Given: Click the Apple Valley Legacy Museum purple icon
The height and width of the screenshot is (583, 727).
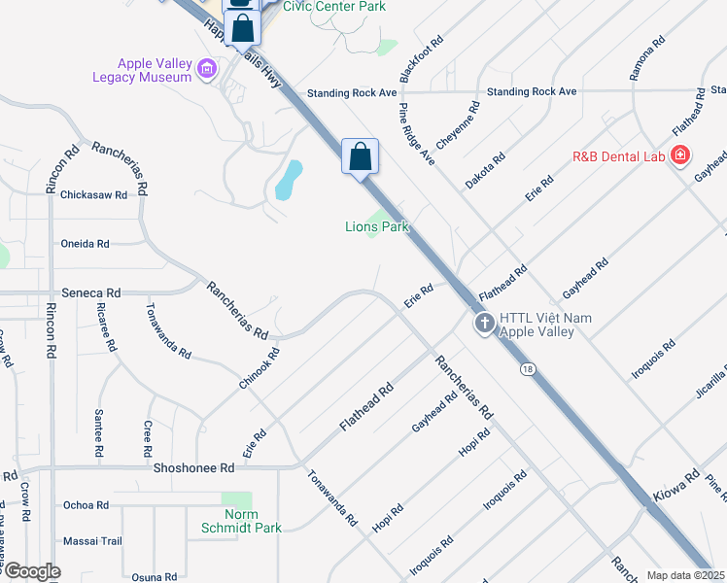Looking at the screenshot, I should pos(206,68).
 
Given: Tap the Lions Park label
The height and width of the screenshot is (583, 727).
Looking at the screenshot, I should pos(377,226).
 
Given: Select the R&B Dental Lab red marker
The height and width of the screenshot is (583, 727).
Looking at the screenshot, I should pos(680,154).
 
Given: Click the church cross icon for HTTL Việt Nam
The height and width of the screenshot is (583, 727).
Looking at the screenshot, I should pos(484,325).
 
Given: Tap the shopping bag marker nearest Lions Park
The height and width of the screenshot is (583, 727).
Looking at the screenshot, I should pos(360,155).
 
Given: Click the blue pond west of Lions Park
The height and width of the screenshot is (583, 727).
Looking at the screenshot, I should pos(289,179).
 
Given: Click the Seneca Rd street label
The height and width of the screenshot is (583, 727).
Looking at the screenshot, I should pos(90,292).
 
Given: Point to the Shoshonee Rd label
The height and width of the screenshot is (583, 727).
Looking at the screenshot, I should pos(194,467).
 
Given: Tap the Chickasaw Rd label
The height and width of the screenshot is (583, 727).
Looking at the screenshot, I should pos(93,194).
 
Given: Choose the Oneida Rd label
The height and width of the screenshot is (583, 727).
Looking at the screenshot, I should pos(85,244).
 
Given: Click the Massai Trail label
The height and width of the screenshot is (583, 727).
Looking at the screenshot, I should pos(91,540).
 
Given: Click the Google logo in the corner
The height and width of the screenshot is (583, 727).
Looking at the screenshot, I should pos(31,571).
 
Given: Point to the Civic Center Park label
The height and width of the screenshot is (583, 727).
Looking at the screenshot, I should pos(333,7).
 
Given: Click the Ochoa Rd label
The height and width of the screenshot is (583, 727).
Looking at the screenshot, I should pos(86,505).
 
